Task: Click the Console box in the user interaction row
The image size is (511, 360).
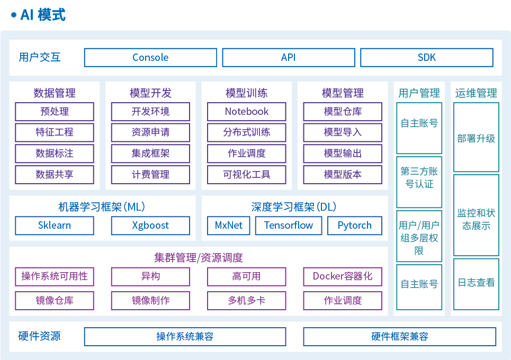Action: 150,58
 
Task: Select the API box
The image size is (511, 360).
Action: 289,58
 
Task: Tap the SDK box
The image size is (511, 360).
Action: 427,58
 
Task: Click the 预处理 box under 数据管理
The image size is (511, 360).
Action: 55,112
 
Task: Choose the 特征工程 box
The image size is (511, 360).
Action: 55,132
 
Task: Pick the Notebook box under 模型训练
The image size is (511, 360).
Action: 247,112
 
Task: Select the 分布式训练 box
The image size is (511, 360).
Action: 247,132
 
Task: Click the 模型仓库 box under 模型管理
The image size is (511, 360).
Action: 343,112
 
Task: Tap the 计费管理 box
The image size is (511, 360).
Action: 150,174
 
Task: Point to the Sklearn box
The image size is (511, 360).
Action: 55,226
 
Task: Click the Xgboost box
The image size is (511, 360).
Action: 150,226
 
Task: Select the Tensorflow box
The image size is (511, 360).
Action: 289,226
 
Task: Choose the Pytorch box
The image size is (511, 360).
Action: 355,226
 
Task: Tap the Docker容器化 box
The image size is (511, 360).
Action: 343,276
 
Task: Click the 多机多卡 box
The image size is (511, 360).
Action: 247,301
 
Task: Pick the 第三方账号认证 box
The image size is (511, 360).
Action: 419,178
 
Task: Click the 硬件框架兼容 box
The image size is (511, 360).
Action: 400,337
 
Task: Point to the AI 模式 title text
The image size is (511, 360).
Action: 42,15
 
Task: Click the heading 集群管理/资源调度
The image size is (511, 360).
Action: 199,258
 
